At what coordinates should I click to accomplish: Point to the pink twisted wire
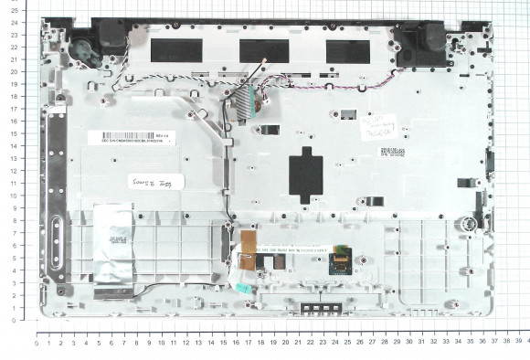tap(320, 87)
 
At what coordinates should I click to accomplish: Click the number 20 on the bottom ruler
tap(285, 342)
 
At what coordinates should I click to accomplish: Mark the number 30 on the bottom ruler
tap(409, 342)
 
